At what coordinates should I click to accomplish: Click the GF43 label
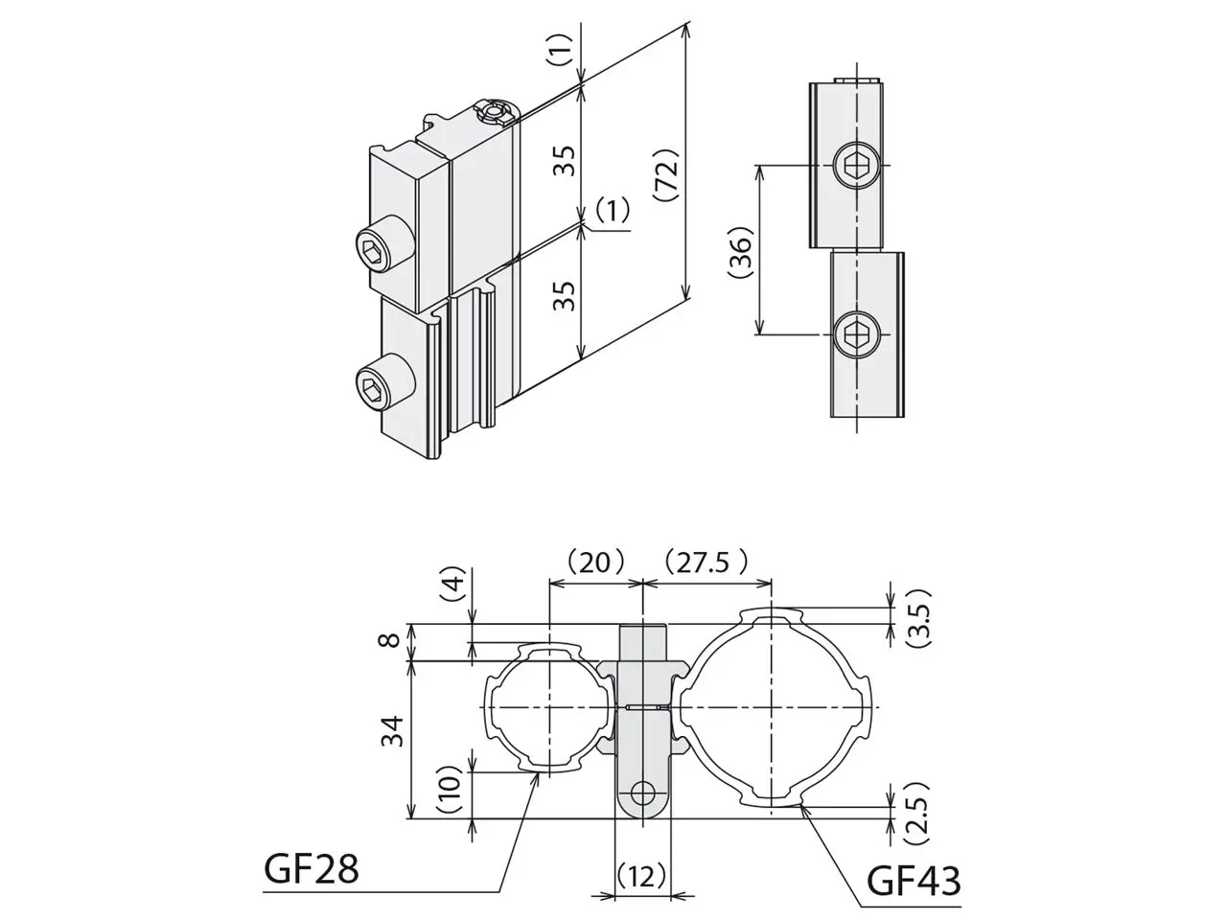914,881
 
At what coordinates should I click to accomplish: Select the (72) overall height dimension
666,174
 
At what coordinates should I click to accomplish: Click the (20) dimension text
594,563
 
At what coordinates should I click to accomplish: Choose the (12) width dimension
642,876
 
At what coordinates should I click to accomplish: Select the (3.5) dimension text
918,617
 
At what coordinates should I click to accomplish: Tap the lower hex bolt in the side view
856,334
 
